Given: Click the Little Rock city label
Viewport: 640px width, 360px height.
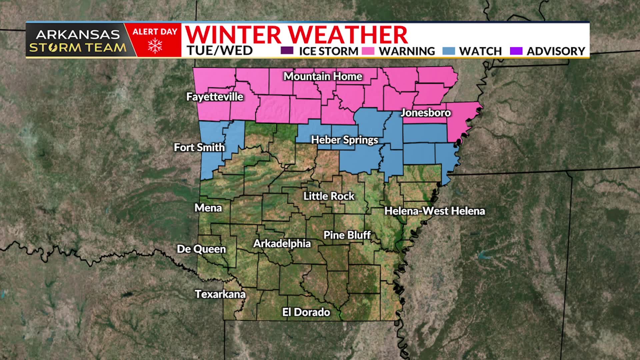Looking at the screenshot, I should [329, 196].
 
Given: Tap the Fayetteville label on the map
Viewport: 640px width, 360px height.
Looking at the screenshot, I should [215, 97].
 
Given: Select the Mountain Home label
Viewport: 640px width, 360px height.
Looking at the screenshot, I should [323, 76].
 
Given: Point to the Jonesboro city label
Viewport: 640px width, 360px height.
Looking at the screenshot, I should [425, 113].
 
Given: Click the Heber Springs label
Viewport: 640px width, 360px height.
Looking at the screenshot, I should [344, 140].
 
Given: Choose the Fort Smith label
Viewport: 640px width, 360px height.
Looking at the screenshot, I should [199, 147].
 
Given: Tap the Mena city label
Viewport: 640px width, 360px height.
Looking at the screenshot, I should [208, 208].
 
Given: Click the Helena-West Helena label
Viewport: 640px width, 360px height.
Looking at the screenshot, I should [434, 211].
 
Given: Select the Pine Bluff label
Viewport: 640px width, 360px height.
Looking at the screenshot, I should [347, 235].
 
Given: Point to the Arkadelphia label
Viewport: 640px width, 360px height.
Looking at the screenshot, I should [282, 243].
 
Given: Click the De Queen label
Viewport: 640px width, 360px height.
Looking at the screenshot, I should [201, 249].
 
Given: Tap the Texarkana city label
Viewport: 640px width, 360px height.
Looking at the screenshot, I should [220, 294].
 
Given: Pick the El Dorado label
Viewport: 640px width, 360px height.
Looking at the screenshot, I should [306, 312].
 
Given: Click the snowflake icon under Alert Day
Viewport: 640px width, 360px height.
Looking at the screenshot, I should [155, 46].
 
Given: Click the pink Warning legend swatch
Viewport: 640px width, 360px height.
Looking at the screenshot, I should [368, 51].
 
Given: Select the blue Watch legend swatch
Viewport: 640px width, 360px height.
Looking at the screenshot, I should [449, 51].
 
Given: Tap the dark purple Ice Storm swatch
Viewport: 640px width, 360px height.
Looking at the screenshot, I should [287, 51].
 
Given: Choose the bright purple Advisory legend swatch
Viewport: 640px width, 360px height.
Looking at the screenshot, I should [516, 51].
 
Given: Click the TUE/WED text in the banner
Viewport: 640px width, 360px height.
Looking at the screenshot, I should [220, 51].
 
